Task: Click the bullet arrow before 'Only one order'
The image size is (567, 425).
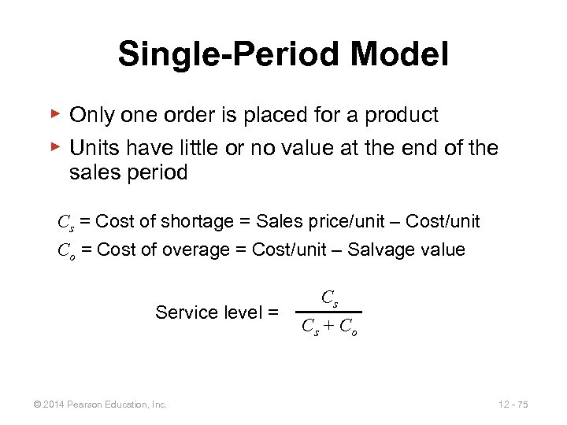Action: (55, 114)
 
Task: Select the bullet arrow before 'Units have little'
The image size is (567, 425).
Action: (55, 146)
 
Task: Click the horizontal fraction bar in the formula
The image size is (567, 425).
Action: (330, 312)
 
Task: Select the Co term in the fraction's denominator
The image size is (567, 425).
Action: (350, 327)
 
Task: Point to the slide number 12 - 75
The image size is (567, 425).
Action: (513, 404)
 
